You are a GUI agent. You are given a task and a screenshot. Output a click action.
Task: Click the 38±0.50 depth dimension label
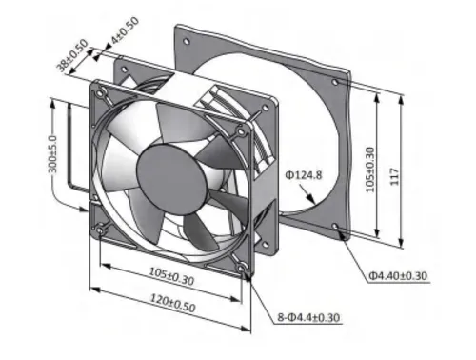coord(72,55)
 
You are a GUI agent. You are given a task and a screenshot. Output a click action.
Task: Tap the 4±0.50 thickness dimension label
coord(125,30)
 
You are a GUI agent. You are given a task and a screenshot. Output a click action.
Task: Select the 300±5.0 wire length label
coord(52,154)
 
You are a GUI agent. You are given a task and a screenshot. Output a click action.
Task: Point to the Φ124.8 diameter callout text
coord(304,175)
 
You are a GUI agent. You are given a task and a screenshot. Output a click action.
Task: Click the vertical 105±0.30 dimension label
coord(370,170)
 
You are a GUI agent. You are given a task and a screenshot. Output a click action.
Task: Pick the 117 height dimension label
coord(394,177)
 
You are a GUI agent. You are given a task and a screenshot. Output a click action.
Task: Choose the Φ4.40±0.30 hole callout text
coord(398,276)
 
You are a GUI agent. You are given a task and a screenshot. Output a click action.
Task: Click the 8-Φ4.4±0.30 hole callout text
coord(308,317)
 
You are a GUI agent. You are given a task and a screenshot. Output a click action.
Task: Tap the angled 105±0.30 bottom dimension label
coord(171,275)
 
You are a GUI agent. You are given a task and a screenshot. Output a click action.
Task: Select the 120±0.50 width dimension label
coord(172,303)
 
